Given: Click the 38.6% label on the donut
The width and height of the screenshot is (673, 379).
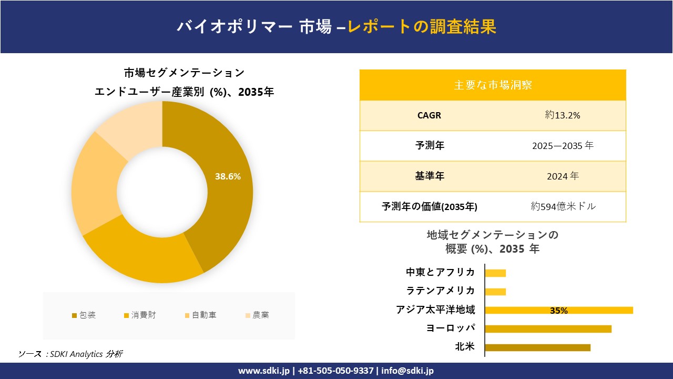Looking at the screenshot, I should tap(228, 177).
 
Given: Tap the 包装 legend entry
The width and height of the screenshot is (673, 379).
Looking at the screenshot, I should tap(84, 315).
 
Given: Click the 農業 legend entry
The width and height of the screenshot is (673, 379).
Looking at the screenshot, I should tap(257, 315).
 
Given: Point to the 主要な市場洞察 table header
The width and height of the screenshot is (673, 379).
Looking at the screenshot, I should tap(493, 85).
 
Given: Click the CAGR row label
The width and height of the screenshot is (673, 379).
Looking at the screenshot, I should tap(429, 115).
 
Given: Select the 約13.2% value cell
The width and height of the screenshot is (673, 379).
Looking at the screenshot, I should tap(563, 115).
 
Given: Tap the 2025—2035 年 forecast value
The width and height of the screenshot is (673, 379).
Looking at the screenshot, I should tap(563, 146).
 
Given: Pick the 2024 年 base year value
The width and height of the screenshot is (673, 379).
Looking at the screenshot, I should tap(563, 176).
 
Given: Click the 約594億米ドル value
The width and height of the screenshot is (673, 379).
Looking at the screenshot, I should tap(563, 207).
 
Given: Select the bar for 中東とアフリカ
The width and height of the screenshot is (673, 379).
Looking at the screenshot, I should tap(495, 273).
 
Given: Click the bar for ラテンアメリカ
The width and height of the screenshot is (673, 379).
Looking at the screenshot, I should tap(495, 292).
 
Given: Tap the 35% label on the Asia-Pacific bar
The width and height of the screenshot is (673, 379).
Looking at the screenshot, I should tap(558, 311).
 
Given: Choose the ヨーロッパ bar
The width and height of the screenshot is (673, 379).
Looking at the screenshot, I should tap(548, 329).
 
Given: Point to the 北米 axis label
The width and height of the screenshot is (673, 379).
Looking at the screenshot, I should tap(465, 347).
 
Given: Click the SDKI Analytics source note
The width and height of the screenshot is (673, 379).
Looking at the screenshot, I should tap(70, 354).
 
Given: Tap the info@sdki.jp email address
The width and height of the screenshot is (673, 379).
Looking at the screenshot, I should tap(407, 371).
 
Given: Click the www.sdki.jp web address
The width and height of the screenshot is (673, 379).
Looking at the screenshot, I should tap(264, 371).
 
